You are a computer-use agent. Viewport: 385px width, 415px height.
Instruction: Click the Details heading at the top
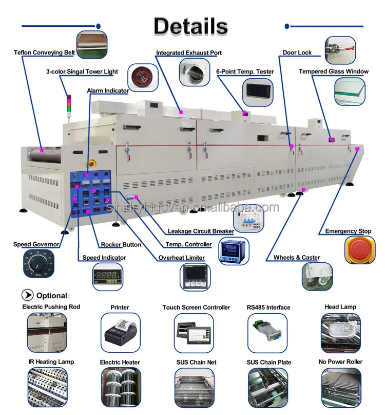(190, 26)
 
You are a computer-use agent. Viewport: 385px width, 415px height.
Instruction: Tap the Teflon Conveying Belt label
(45, 52)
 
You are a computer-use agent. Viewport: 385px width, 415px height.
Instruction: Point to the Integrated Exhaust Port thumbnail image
(195, 71)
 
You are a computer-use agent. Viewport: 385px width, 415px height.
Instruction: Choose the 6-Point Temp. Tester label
(245, 71)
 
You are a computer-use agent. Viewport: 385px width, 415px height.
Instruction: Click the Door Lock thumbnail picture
(340, 50)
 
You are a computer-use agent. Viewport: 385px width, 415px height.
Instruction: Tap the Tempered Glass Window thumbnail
(350, 92)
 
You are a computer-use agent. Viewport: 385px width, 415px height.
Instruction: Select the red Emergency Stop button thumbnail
(359, 249)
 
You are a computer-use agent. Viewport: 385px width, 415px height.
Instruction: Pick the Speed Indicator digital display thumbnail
(107, 278)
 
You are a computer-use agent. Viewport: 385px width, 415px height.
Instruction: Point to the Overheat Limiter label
(181, 258)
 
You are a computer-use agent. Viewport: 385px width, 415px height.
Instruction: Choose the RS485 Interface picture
(268, 332)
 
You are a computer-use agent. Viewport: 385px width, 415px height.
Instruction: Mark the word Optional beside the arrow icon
(51, 296)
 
